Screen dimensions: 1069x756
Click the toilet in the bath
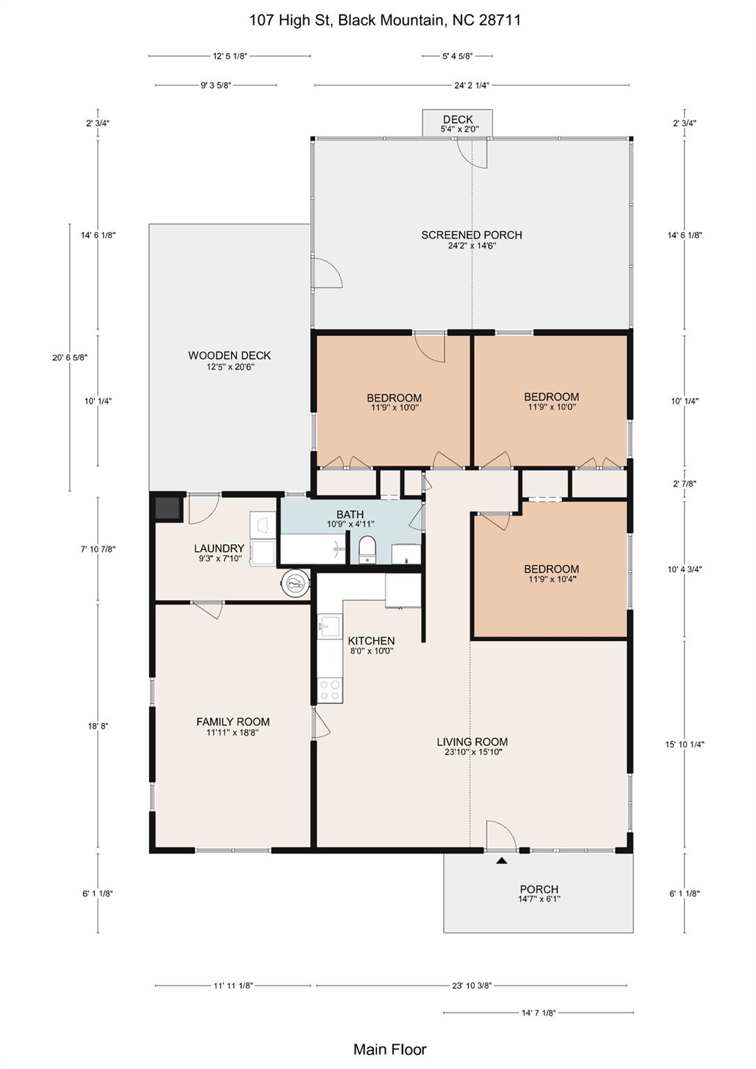(367, 549)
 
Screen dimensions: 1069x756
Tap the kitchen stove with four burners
(329, 690)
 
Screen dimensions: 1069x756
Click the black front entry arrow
(501, 861)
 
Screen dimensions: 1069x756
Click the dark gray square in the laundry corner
(168, 508)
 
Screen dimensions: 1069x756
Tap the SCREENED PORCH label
(471, 235)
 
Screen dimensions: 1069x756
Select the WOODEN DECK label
(229, 356)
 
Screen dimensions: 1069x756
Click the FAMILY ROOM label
(233, 722)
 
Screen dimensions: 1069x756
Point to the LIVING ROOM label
(472, 742)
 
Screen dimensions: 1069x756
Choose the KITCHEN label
(371, 641)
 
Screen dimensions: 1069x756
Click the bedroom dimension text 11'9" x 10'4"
(551, 579)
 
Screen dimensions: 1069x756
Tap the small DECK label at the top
(457, 120)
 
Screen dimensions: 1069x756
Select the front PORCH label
(539, 889)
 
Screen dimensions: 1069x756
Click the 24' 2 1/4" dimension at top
(471, 86)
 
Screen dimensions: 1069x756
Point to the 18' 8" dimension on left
(97, 726)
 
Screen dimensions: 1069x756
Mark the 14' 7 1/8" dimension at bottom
(538, 1013)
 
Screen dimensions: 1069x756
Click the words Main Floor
(390, 1050)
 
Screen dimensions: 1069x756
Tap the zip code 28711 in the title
(500, 20)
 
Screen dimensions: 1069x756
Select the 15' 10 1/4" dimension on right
(684, 744)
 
